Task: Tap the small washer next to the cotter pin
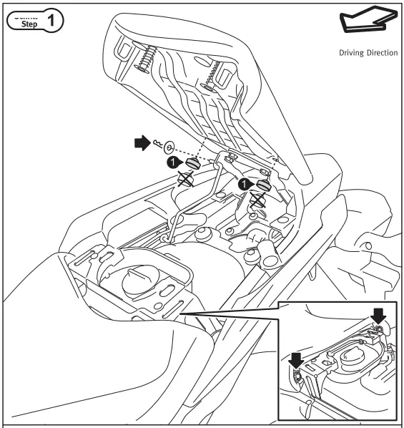click(x=168, y=147)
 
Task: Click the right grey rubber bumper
click(x=264, y=185)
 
